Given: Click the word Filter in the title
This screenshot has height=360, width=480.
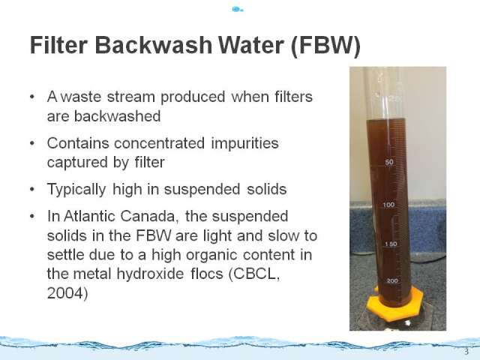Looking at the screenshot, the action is coord(58,45).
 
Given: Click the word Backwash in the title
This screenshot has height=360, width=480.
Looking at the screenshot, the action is coord(154,45).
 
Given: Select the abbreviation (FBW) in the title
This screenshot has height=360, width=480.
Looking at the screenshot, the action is coord(325,46).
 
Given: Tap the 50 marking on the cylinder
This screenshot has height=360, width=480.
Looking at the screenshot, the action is coord(389,162).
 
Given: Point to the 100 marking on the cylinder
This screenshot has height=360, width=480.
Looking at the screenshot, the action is coord(388,205).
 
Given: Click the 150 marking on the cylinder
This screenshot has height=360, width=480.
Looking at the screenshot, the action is coord(391,244).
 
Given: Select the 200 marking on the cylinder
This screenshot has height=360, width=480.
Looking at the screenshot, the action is coord(392,280).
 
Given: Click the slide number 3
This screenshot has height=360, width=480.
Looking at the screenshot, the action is coord(466,352).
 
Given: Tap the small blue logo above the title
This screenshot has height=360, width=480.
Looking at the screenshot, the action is coord(237,10).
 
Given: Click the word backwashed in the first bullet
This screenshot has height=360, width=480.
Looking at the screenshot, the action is coord(117,116).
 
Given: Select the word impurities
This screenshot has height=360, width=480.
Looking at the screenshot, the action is coord(244,143).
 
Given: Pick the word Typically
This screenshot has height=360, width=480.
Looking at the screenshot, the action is coord(76,190).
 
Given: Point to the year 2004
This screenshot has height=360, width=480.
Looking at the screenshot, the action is coord(65,293).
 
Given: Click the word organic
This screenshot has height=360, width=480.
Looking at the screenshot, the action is coord(211,255).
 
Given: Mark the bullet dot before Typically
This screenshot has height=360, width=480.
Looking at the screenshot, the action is coord(32,189).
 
